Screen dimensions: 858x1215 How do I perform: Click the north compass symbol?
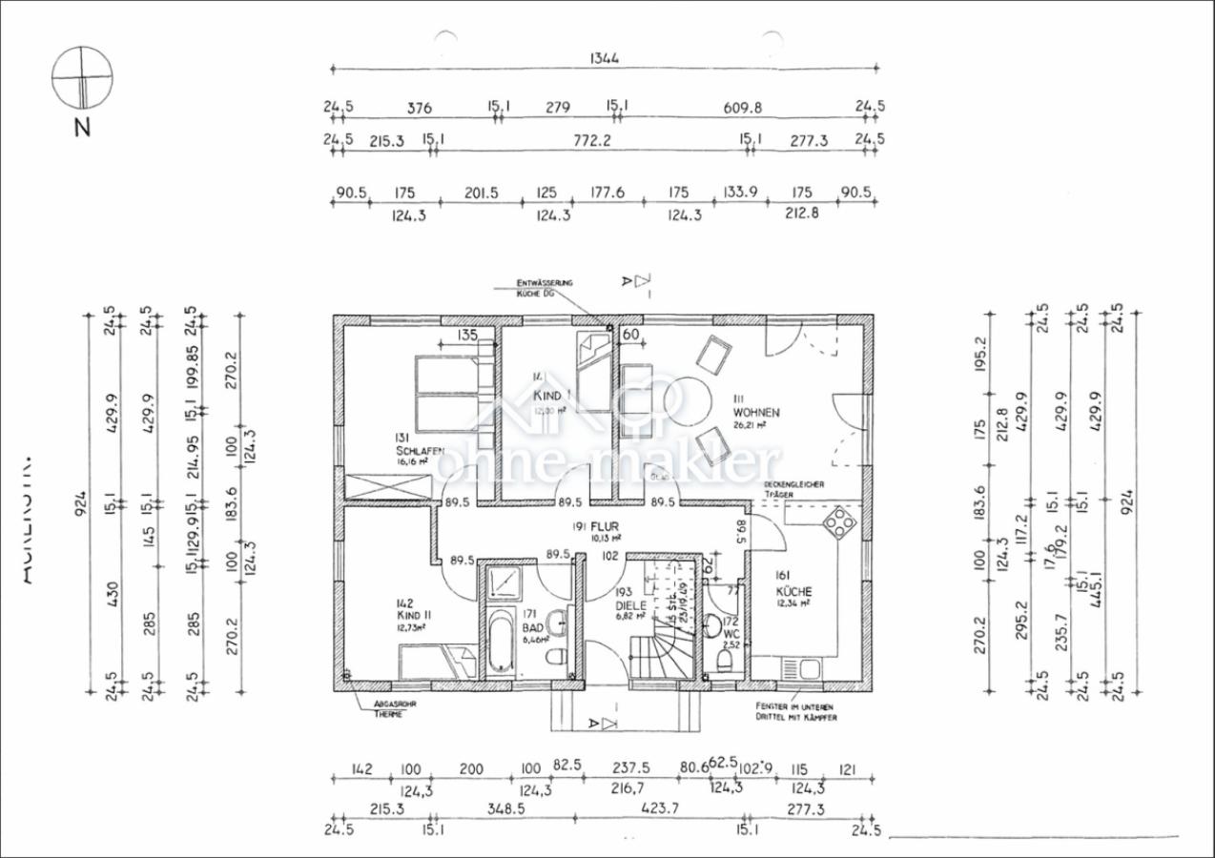coord(82,78)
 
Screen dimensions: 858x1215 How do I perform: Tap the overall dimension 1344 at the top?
coord(604,58)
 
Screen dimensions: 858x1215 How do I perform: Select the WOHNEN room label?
coord(756,413)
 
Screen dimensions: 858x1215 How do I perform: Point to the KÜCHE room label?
coord(793,591)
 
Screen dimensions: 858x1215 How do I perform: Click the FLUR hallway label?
coord(605,525)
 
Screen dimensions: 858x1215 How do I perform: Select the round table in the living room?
coord(681,401)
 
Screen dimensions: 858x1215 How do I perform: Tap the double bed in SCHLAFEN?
coord(446,393)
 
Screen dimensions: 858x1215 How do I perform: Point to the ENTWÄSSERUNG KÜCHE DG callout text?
coord(544,288)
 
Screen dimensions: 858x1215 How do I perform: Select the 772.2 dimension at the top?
coord(590,141)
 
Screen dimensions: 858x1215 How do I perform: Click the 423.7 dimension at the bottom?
coord(661,808)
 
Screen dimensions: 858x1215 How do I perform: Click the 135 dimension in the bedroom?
coord(466,335)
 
